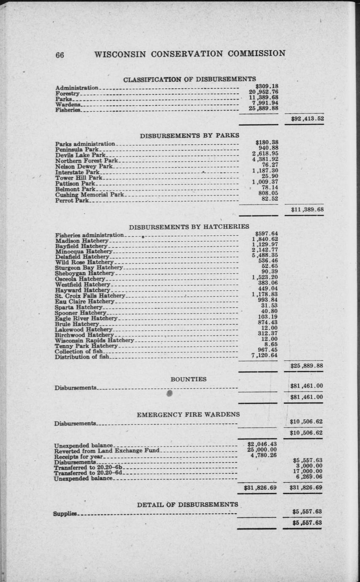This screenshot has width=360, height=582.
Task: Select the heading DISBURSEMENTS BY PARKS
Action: tap(189, 136)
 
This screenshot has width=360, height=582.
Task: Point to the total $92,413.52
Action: tap(307, 119)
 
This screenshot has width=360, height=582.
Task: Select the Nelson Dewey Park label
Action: tap(84, 167)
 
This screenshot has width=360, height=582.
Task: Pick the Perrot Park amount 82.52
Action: tap(270, 199)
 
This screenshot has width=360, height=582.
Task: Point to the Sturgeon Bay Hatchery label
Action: tap(89, 267)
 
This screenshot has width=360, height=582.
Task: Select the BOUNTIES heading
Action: tap(188, 379)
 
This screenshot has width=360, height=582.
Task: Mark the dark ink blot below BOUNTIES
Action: tap(170, 393)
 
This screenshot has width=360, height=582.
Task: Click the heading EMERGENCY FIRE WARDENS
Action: tap(188, 415)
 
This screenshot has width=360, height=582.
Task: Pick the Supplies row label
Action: tap(65, 514)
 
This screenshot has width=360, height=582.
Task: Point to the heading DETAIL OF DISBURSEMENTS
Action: tap(187, 504)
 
